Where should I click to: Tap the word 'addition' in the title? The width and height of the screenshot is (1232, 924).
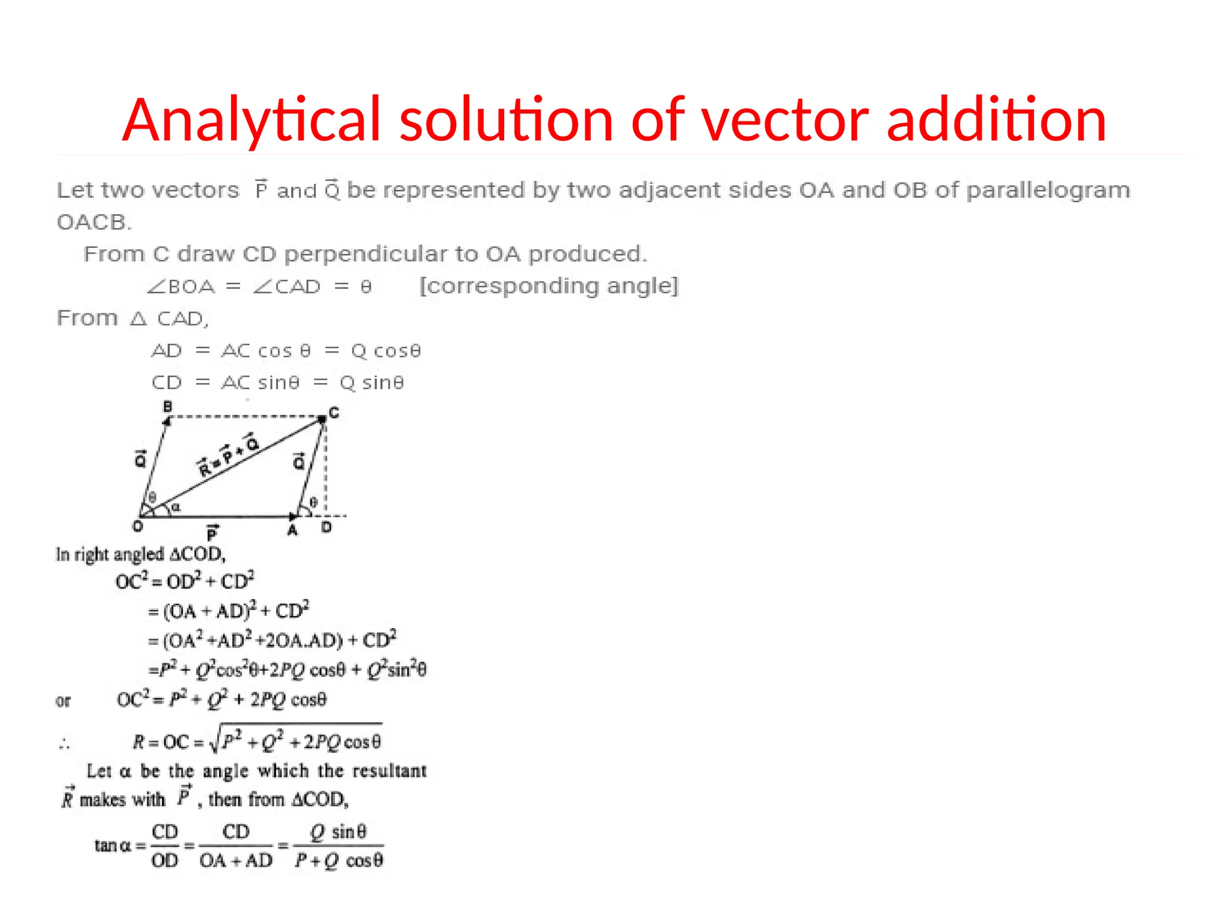(x=996, y=120)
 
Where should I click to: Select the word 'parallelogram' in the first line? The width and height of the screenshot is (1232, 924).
(x=1048, y=191)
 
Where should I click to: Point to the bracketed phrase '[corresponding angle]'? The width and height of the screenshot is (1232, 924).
(x=549, y=286)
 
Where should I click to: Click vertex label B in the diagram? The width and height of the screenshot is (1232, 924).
(x=168, y=407)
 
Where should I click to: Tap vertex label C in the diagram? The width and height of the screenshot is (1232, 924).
(x=334, y=413)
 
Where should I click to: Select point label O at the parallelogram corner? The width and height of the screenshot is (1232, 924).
(x=138, y=527)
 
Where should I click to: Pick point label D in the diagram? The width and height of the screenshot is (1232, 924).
(x=326, y=528)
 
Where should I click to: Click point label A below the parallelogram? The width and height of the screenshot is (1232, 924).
(x=292, y=530)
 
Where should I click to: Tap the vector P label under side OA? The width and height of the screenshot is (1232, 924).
(x=212, y=533)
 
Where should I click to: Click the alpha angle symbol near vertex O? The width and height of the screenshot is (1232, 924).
(x=176, y=508)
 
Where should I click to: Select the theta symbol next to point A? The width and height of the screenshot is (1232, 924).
(x=313, y=502)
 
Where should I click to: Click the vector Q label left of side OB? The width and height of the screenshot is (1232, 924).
(x=140, y=459)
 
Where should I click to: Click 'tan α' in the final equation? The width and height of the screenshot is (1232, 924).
(x=112, y=846)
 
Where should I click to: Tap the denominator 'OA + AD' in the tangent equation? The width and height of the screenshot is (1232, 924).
(x=236, y=861)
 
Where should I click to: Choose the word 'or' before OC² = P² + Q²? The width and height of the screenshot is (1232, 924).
(x=63, y=701)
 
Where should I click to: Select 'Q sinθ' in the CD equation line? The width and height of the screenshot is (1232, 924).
(x=372, y=383)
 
